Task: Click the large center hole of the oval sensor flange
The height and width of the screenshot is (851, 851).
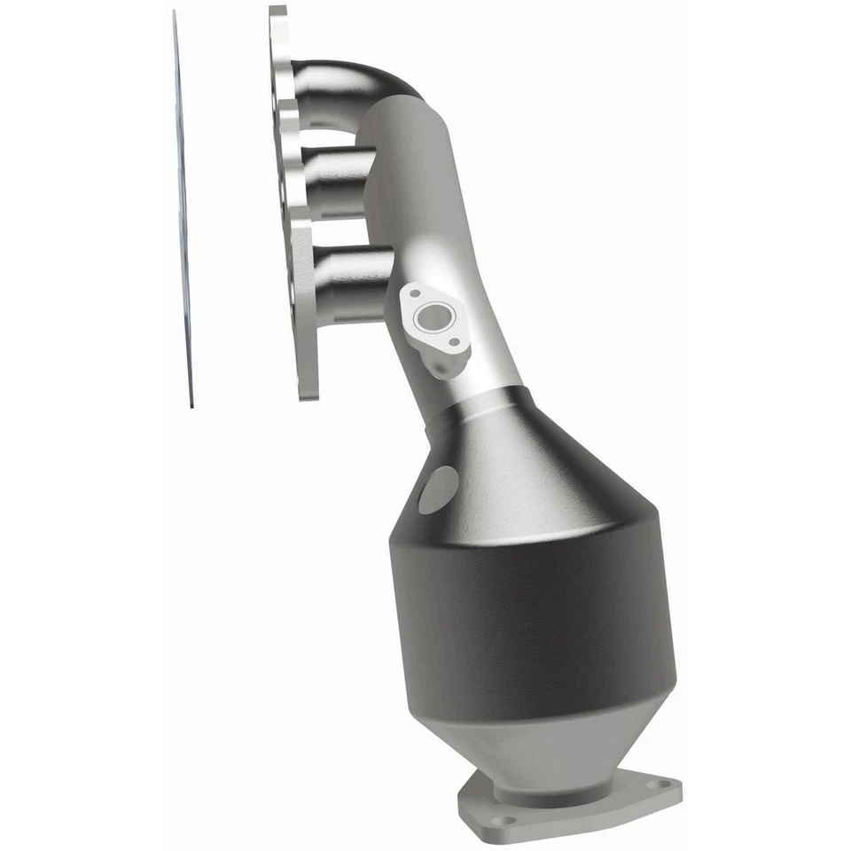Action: point(433,315)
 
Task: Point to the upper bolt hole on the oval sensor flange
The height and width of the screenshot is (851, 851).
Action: point(413,292)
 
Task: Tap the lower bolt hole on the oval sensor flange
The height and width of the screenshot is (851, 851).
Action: point(454,341)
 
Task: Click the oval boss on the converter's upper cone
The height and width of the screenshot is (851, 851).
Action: point(438,489)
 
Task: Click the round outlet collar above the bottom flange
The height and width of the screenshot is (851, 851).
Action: point(567,773)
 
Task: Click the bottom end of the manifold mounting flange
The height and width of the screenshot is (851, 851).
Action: point(306,390)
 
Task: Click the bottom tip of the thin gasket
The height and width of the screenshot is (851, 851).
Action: point(191,403)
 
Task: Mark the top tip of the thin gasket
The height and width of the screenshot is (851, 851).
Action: point(174,14)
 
